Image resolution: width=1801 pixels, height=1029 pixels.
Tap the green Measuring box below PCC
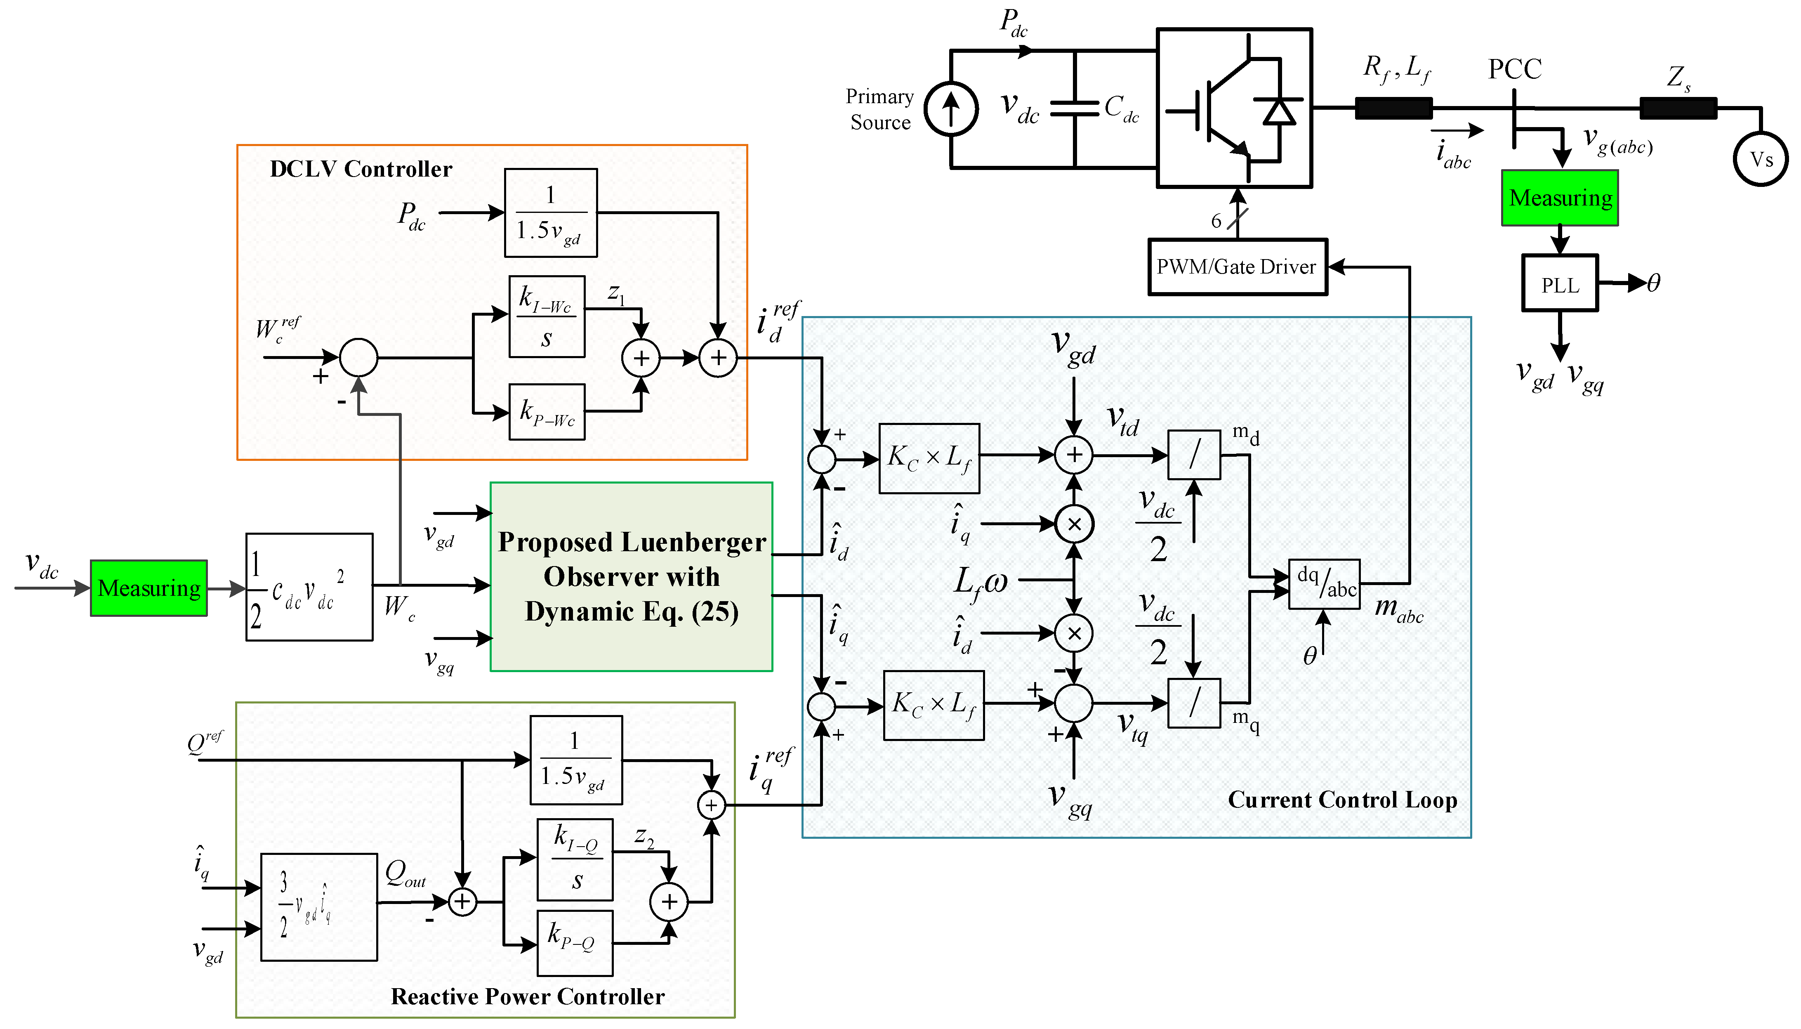tap(1559, 198)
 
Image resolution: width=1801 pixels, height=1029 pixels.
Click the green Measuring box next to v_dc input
tap(149, 588)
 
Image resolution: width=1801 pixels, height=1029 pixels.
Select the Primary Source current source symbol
tap(951, 110)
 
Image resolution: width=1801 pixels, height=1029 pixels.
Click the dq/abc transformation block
tap(1323, 584)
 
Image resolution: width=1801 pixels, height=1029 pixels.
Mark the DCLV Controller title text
tap(361, 169)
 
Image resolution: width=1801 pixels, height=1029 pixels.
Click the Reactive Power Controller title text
tap(527, 996)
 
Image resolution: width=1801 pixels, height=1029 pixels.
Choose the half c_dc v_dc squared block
tap(309, 587)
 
